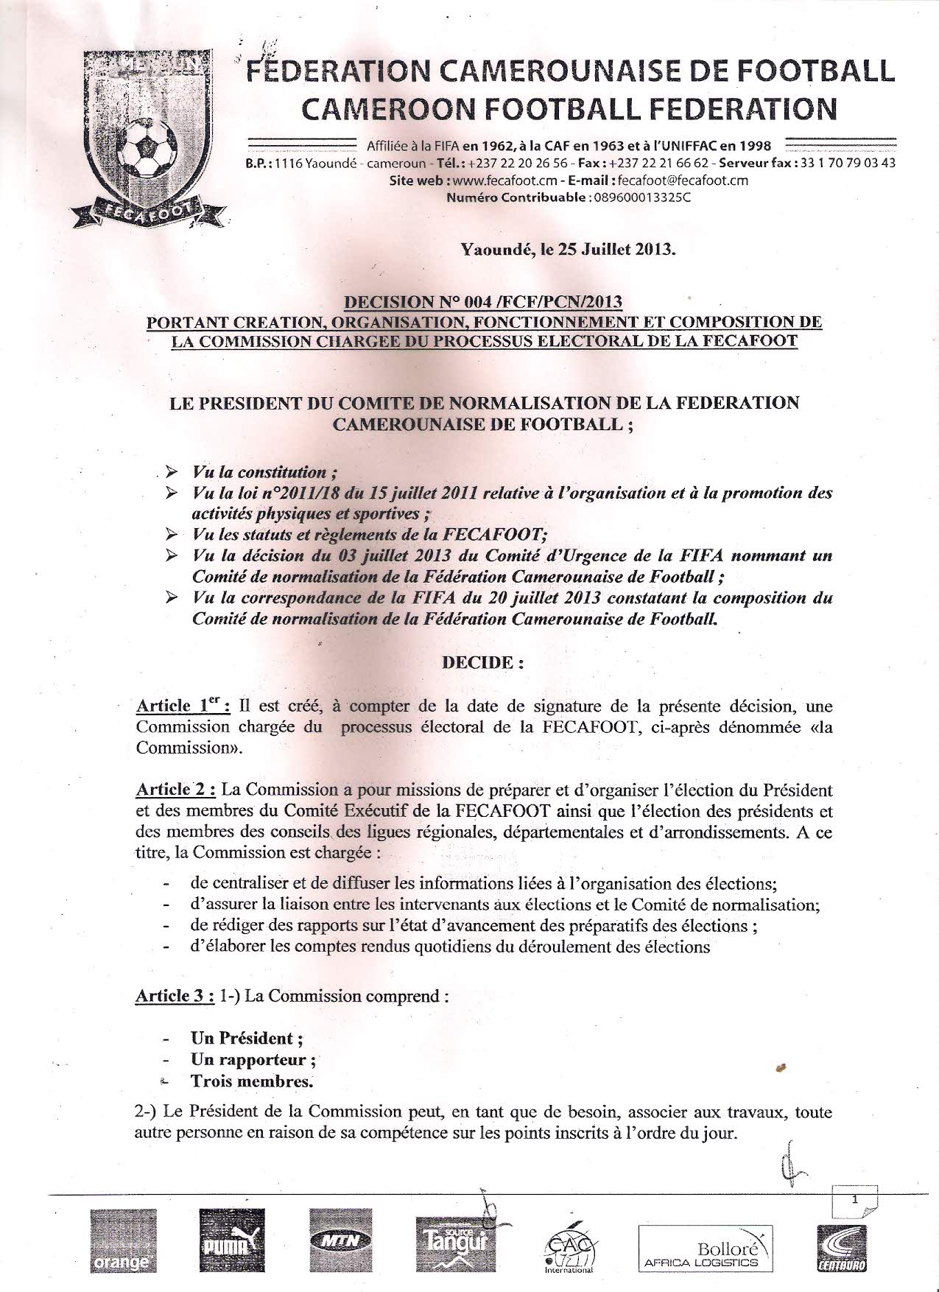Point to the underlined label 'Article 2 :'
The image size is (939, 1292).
tap(176, 790)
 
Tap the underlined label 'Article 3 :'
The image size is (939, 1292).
tap(176, 997)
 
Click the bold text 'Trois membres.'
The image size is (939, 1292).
tap(252, 1081)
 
